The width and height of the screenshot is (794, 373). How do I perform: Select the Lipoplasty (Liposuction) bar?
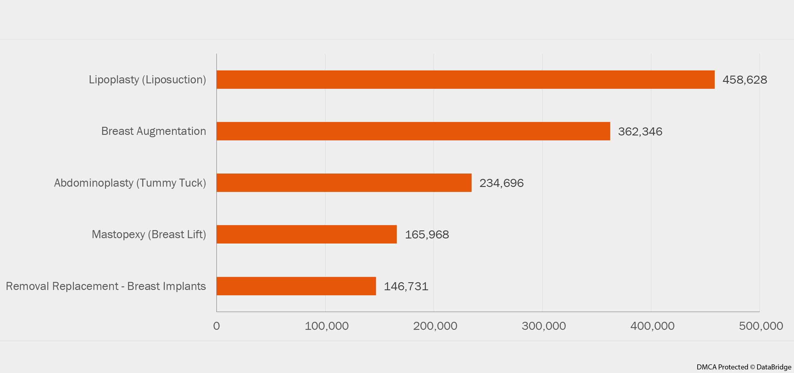coord(465,79)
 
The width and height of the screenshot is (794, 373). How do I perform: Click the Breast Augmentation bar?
coord(413,131)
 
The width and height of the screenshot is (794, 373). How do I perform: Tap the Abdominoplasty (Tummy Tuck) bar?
coord(344,183)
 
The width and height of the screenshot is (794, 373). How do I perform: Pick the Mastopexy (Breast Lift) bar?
coord(307,234)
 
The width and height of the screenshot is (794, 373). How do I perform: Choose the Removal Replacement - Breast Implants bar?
coord(296,286)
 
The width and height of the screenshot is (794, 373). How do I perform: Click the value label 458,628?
coord(745,80)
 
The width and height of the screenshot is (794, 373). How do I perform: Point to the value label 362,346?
coord(640,132)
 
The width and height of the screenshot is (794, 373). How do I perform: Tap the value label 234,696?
coord(501,183)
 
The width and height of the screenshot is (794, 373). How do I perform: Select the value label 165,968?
coord(427,235)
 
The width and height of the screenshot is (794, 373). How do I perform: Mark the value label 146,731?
coord(406,286)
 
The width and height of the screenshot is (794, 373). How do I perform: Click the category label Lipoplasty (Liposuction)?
coord(147,79)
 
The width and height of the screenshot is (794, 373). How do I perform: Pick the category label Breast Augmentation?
coord(154,131)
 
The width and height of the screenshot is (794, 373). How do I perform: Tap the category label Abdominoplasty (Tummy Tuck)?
coord(130,183)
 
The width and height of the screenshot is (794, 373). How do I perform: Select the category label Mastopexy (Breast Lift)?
coord(149,234)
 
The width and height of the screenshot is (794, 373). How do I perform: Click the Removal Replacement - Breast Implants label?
coord(106,286)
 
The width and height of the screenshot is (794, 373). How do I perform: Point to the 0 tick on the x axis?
coord(216,326)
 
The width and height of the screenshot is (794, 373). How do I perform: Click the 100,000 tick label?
coord(326,326)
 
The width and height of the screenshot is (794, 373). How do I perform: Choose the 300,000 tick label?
coord(544,326)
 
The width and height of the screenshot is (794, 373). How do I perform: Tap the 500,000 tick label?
coord(761,326)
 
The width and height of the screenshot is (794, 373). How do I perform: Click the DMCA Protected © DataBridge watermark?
coord(744,367)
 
